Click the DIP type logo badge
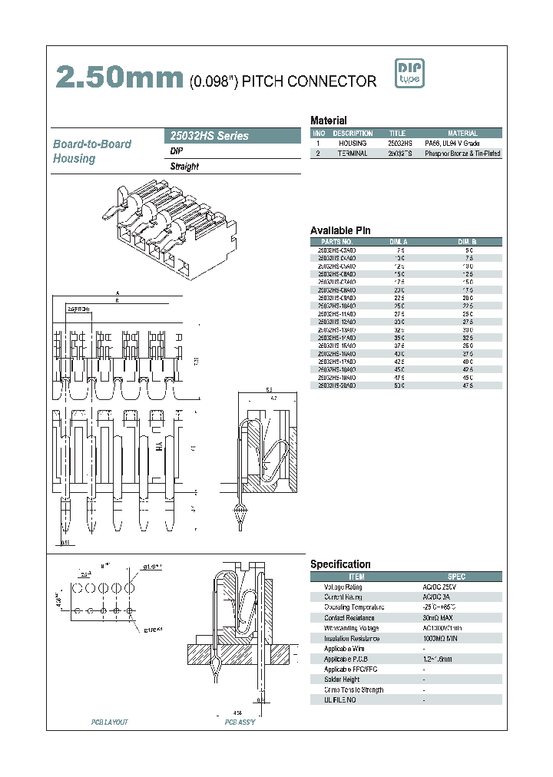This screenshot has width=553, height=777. coord(409,74)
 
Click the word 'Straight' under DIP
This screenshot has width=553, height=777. coord(184,167)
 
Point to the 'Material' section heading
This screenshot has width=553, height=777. coord(328,121)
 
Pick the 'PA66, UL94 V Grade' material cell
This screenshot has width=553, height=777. coord(462,144)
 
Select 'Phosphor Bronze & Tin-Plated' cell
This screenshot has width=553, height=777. coord(462,154)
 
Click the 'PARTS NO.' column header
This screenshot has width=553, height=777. coord(336,242)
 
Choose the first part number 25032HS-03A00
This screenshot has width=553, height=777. coord(336,250)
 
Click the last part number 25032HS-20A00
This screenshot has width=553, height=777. coord(336,385)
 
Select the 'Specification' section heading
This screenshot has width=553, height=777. coord(340,564)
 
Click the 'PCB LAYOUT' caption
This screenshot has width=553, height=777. coord(110,722)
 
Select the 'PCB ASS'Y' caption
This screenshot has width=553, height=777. coord(240,722)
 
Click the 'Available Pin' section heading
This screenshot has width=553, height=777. coord(340,230)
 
